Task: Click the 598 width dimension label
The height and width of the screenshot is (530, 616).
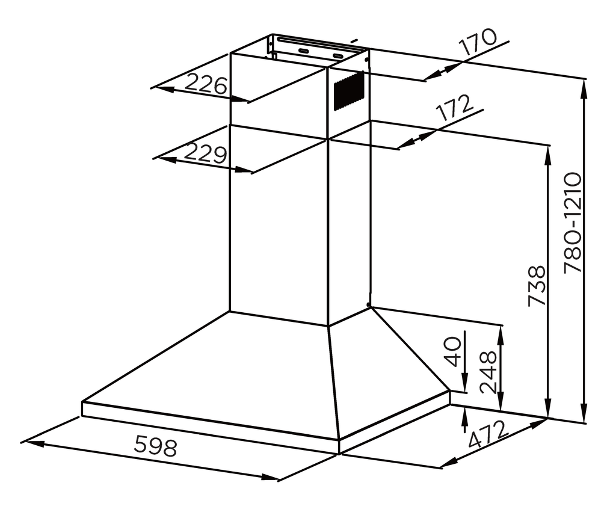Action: point(156,447)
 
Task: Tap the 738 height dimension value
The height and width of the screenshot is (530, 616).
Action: point(537,286)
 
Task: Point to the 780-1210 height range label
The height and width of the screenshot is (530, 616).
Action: point(573,223)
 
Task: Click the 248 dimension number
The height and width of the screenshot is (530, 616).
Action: point(488,372)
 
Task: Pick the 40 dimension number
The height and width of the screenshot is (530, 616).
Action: point(453,351)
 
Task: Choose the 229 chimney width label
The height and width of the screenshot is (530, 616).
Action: point(205,153)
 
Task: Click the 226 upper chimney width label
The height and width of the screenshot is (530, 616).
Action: point(206,84)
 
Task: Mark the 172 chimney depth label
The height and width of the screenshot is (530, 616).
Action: point(455,108)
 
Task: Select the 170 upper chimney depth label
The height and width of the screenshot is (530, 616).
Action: point(478,42)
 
